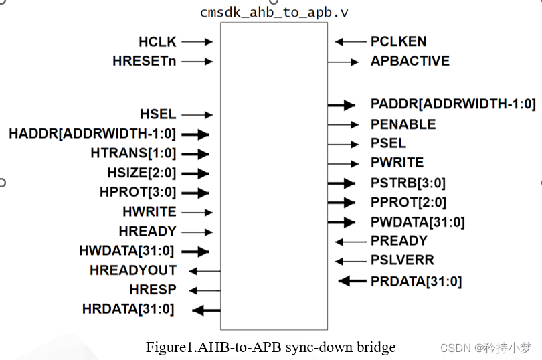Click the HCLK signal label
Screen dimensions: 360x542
(x=157, y=42)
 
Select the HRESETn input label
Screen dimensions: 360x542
(x=145, y=62)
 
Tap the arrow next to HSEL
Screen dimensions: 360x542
(x=197, y=115)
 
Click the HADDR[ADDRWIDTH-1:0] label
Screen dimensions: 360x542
(x=92, y=134)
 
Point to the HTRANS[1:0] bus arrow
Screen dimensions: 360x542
(x=195, y=153)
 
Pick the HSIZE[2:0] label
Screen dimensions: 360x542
(x=141, y=173)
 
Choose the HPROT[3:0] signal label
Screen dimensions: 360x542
(x=138, y=193)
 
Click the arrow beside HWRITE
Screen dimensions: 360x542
(x=197, y=212)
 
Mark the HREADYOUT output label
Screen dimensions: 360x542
(x=133, y=270)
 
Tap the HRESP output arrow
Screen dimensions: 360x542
(x=205, y=290)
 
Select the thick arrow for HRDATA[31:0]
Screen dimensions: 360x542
(x=206, y=310)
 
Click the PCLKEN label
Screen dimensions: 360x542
(x=398, y=42)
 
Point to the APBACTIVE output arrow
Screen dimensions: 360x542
(x=343, y=62)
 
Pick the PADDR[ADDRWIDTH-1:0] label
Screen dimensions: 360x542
(x=453, y=104)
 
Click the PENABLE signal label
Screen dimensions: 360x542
(x=403, y=124)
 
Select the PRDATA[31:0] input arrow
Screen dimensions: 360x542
(x=352, y=281)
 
